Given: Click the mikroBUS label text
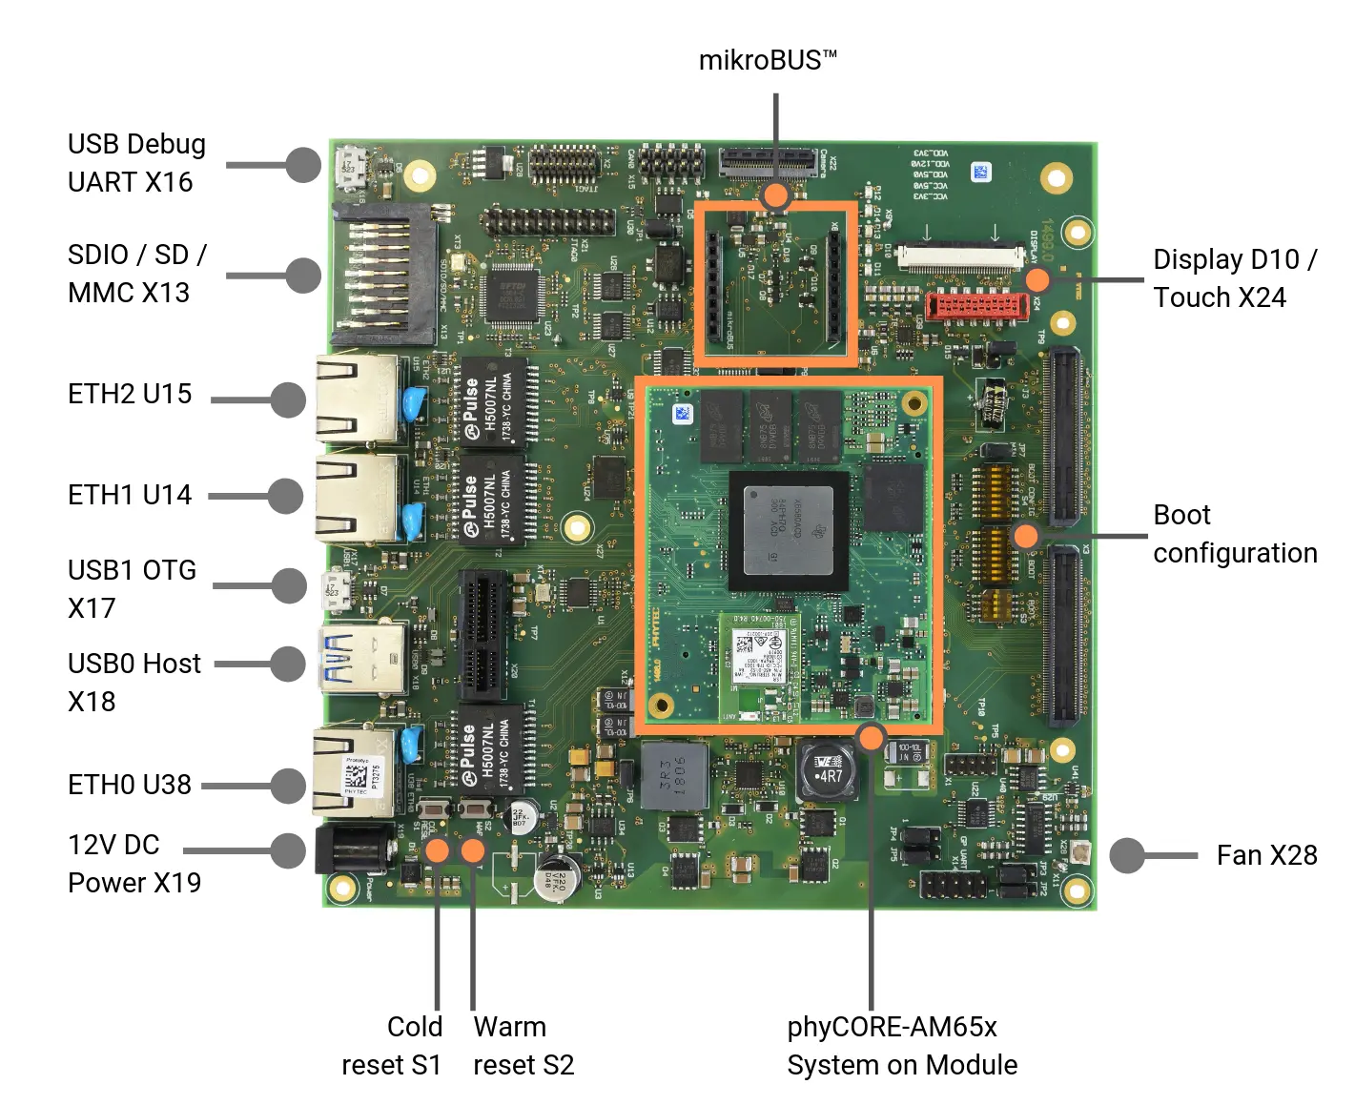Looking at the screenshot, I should click(768, 61).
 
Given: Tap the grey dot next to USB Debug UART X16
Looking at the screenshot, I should click(303, 165).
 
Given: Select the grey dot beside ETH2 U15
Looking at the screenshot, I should click(288, 399).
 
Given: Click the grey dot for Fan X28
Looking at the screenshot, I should click(1127, 855).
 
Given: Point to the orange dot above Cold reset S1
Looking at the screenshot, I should click(437, 849).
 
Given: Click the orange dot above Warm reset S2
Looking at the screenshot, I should click(473, 849).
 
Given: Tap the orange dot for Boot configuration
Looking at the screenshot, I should click(1025, 535).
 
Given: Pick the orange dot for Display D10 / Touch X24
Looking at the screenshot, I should click(1037, 279).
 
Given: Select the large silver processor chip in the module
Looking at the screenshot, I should click(789, 529).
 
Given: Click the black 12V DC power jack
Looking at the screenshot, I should click(353, 849).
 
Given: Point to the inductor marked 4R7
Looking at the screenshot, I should click(826, 770).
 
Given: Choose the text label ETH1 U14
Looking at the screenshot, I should click(130, 495).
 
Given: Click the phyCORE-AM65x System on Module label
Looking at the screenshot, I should click(901, 1046).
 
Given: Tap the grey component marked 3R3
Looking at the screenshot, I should click(674, 775).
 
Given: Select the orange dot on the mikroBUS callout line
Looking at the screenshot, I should click(776, 196).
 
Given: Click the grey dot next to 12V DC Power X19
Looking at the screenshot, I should click(288, 850).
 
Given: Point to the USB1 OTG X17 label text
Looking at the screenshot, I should click(132, 589).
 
